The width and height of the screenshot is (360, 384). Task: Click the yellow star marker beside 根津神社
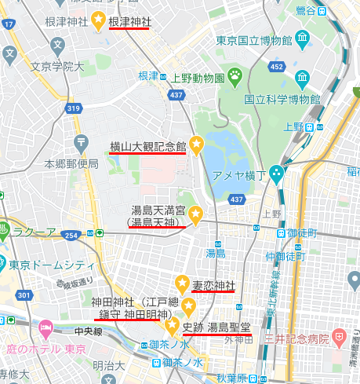click(99, 21)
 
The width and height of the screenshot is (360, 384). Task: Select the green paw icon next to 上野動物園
click(234, 75)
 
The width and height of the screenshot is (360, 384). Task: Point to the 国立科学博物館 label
click(282, 100)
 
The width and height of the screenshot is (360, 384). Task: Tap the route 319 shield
click(74, 108)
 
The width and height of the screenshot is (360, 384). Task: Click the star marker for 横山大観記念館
click(196, 144)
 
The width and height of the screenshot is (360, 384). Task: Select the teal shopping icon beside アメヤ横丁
click(276, 173)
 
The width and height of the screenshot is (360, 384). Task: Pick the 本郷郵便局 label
click(71, 164)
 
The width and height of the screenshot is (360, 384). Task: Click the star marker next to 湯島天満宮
click(196, 212)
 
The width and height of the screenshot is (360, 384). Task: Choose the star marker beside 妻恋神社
click(182, 283)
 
